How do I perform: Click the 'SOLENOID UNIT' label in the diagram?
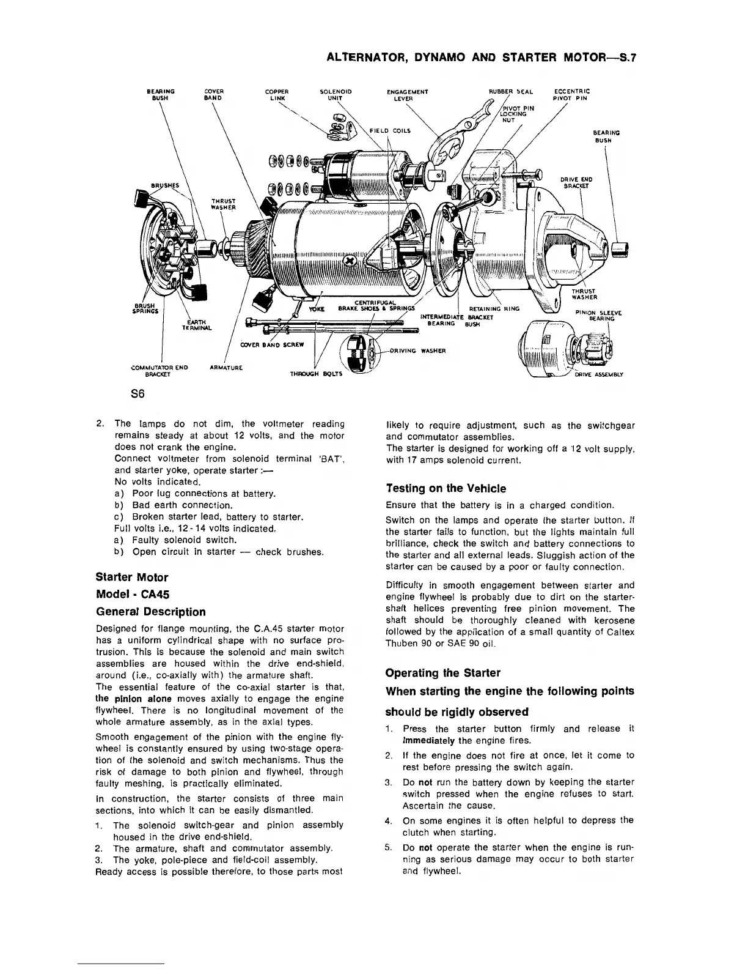[x=335, y=95]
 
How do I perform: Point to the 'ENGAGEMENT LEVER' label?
[x=408, y=95]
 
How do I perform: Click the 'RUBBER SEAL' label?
[x=512, y=92]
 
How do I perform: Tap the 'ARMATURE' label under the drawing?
[x=227, y=368]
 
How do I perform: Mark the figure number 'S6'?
[x=137, y=395]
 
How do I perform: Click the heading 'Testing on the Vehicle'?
[x=446, y=488]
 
